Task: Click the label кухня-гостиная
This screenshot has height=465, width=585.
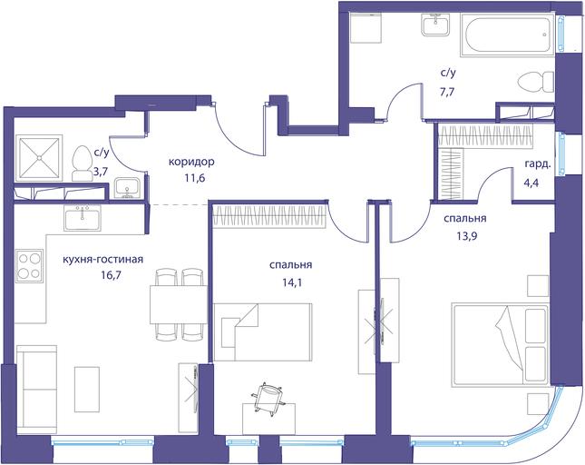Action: [103, 259]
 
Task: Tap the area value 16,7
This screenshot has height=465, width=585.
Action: [111, 275]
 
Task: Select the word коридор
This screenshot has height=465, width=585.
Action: [191, 162]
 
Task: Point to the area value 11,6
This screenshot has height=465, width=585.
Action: [194, 178]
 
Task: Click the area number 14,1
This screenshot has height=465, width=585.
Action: [291, 282]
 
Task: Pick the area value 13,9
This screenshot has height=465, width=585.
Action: [465, 236]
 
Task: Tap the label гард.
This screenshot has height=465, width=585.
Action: [538, 164]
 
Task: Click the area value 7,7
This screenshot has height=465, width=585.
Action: [447, 92]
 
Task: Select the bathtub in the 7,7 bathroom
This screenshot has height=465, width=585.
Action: [506, 35]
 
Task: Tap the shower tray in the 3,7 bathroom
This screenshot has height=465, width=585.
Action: [39, 158]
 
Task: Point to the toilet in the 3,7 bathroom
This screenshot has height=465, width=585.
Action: [82, 163]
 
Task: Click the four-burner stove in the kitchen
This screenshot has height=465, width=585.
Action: [29, 266]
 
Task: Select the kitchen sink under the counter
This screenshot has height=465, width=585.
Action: [82, 218]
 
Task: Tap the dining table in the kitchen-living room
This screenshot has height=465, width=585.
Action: [179, 305]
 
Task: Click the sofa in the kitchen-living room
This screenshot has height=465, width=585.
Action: [37, 390]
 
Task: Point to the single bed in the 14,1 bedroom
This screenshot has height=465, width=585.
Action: [263, 332]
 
